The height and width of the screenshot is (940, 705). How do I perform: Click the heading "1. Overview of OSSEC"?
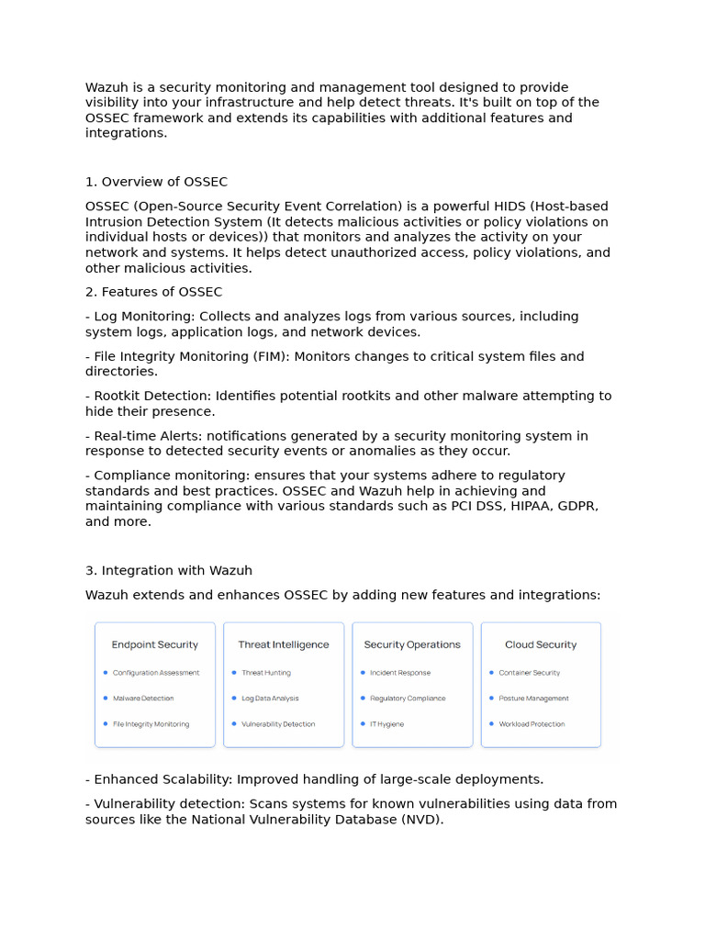click(156, 182)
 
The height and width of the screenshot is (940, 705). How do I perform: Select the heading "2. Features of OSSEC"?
click(153, 292)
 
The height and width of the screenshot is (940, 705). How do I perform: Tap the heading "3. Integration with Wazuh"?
click(168, 570)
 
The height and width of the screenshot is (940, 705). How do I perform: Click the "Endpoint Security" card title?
click(154, 644)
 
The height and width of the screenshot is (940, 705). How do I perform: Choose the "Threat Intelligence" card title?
click(283, 644)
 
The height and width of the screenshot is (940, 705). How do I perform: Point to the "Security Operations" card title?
click(412, 644)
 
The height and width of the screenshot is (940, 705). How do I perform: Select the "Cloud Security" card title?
click(541, 644)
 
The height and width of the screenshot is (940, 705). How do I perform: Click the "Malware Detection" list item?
click(143, 699)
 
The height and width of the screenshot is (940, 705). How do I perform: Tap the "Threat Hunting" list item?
click(265, 673)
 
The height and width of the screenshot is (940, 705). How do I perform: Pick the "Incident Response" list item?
click(400, 673)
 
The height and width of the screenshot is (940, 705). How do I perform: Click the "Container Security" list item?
click(529, 673)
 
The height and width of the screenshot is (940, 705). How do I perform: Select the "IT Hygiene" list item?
click(386, 724)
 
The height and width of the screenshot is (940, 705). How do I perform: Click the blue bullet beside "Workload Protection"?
click(491, 723)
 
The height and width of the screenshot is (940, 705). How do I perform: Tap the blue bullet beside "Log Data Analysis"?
click(234, 698)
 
